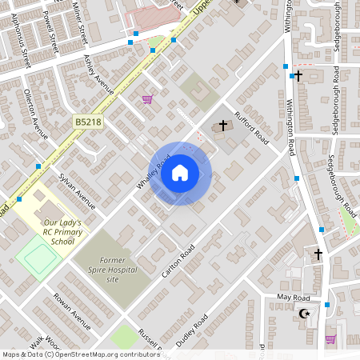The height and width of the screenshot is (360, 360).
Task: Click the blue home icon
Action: (x=180, y=173)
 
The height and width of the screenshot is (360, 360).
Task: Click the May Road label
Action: (x=293, y=297)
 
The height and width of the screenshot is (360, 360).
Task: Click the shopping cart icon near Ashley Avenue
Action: (x=146, y=99)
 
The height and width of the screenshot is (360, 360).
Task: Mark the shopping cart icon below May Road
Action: (x=330, y=339)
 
